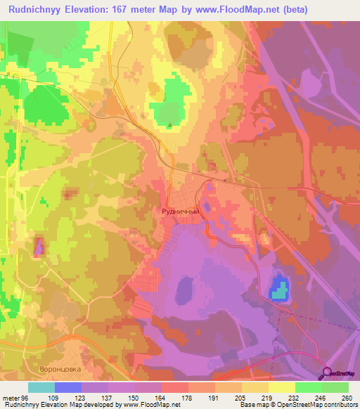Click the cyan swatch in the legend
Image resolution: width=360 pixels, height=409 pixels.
click(41, 387)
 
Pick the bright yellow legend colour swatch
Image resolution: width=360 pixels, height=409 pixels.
click(282, 387)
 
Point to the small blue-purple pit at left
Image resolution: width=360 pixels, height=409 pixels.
click(39, 246)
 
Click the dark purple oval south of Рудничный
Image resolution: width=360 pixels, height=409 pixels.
click(185, 289)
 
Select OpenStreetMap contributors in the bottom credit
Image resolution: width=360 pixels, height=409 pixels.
click(319, 405)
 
